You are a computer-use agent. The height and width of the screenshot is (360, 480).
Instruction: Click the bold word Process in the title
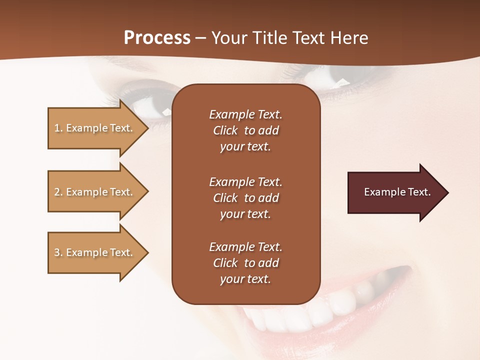click(157, 38)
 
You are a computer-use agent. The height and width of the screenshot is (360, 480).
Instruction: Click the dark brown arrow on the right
click(395, 192)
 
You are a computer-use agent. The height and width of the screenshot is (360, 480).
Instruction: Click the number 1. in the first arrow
click(58, 128)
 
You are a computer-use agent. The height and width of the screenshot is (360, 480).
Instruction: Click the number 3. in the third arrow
click(58, 253)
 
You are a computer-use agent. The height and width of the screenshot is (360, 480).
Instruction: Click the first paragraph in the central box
click(245, 130)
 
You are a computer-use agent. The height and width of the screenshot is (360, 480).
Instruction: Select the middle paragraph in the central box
click(245, 198)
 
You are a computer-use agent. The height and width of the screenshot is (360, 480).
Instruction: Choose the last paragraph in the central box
click(245, 263)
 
